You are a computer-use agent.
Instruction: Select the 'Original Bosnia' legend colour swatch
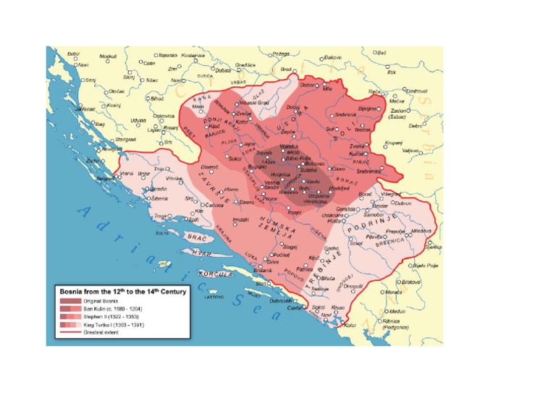pyautogui.click(x=69, y=301)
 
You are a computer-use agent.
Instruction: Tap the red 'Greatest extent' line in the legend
pyautogui.click(x=69, y=333)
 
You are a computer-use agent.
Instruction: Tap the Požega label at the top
pyautogui.click(x=281, y=54)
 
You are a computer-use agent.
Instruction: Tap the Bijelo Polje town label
pyautogui.click(x=426, y=266)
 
